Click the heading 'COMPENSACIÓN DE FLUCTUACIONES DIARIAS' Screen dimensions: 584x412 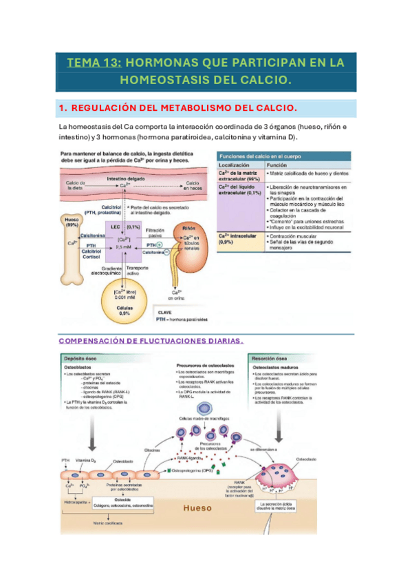click(x=151, y=340)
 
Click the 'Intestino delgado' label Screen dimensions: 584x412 click(x=124, y=177)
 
